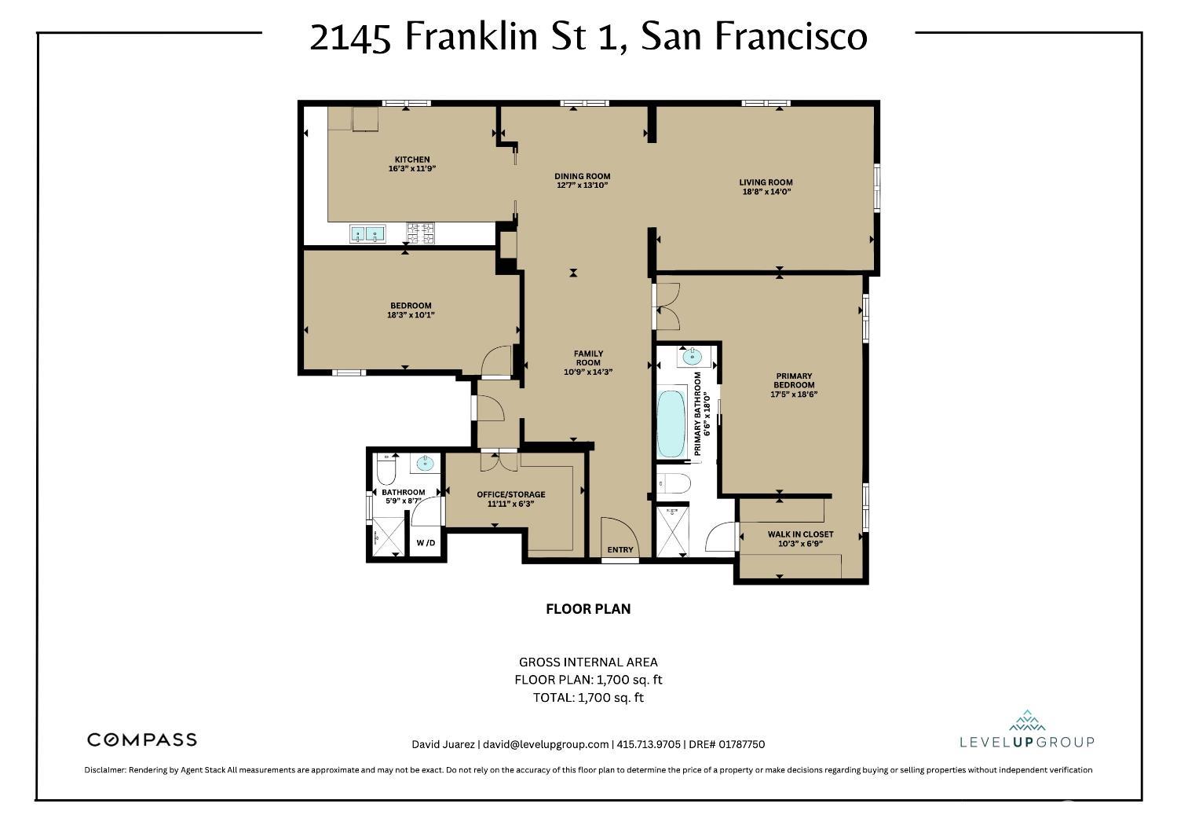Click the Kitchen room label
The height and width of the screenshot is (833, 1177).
[x=411, y=160]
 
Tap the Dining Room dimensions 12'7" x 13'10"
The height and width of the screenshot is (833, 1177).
[x=582, y=185]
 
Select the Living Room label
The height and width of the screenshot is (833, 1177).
[x=766, y=182]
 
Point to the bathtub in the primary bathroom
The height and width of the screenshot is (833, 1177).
[x=670, y=424]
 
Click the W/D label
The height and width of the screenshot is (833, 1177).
[x=426, y=543]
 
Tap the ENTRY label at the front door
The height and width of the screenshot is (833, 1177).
[x=620, y=550]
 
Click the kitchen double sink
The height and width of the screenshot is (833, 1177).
[x=367, y=233]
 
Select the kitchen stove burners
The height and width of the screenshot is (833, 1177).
[x=420, y=233]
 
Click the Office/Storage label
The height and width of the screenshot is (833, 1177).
[x=510, y=494]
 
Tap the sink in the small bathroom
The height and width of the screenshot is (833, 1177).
[x=426, y=464]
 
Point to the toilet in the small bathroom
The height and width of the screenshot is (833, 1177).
[x=386, y=471]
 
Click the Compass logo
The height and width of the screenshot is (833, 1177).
[x=141, y=739]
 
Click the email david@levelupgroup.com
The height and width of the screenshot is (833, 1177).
[x=546, y=744]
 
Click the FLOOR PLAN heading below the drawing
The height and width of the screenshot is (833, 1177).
[x=588, y=609]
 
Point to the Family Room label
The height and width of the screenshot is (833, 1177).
[x=588, y=358]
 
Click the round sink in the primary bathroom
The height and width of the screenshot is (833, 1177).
[x=691, y=357]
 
